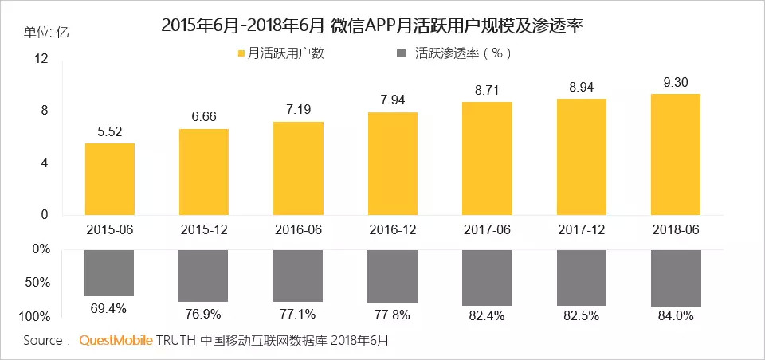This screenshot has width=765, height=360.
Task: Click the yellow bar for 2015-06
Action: (109, 178)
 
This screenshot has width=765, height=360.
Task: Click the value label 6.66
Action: (204, 118)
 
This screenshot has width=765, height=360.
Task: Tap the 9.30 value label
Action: (676, 82)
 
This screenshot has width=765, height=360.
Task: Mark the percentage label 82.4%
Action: (487, 317)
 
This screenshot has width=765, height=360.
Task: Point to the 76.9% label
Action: (204, 311)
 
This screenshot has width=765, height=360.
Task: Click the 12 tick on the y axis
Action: (41, 59)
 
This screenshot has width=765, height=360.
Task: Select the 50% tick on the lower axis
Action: (39, 283)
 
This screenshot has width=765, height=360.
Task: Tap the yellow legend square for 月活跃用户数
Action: (241, 54)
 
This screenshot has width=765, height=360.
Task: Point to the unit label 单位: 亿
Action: (47, 32)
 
